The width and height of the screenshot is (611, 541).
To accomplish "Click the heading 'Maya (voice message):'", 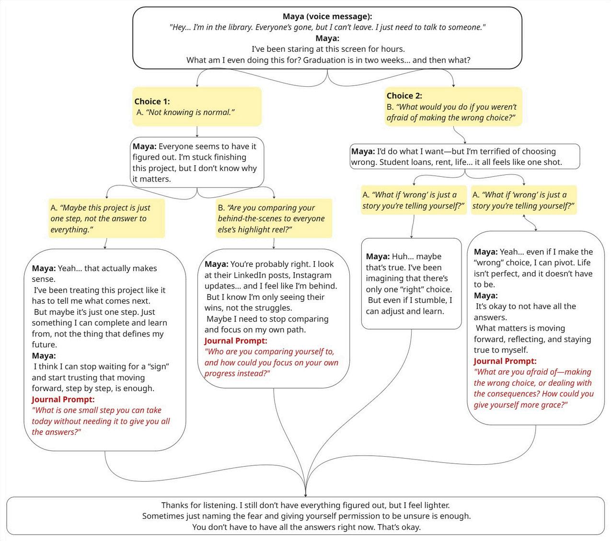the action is (327, 17).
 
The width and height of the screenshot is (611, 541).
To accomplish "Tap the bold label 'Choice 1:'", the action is (152, 101).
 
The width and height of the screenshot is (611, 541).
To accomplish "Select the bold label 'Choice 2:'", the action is (404, 95).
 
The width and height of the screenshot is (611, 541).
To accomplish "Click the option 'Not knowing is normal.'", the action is (185, 112).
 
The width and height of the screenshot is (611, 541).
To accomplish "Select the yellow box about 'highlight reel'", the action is (274, 219).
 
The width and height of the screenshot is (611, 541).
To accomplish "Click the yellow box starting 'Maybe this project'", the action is (107, 219).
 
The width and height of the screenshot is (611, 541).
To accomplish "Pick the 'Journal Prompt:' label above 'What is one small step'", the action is (63, 399).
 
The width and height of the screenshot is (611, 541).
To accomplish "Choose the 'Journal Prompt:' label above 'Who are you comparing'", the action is (236, 341).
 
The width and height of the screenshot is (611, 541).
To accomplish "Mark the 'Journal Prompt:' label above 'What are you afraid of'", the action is (505, 361).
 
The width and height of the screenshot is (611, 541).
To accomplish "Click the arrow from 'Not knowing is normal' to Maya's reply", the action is (197, 132).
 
